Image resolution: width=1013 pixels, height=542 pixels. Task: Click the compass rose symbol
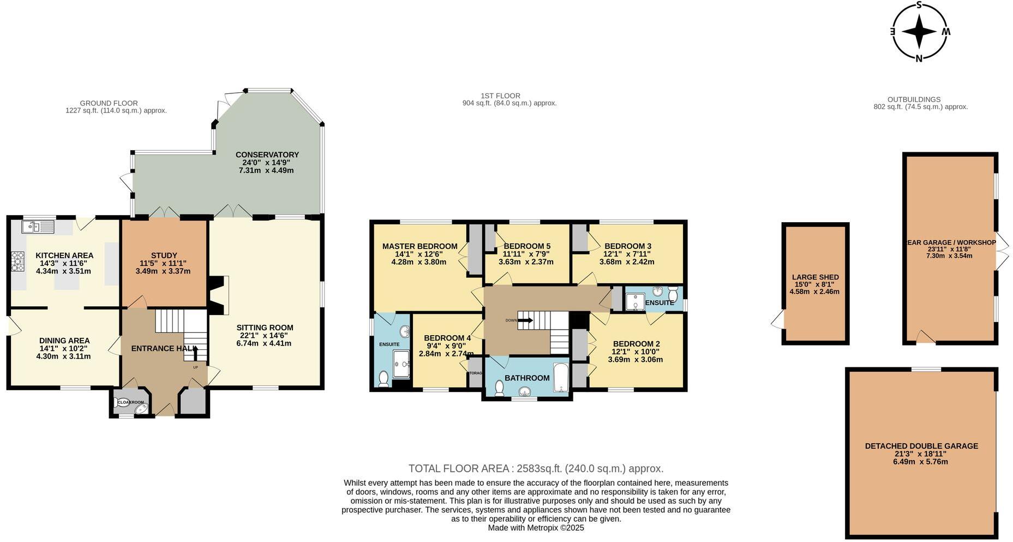click(919, 32)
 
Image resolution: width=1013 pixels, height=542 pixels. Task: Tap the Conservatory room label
click(267, 155)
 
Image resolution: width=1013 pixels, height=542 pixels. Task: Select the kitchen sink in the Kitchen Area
click(38, 225)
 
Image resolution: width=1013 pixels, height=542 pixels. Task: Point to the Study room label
click(164, 255)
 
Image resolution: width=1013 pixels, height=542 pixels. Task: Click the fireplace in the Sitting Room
click(218, 295)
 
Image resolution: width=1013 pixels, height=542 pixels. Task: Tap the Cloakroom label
click(131, 403)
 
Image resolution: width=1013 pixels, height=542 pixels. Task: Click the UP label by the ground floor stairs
click(195, 367)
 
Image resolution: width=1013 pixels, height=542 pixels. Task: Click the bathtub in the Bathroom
click(561, 377)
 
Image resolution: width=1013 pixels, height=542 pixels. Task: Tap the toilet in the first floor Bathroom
click(499, 388)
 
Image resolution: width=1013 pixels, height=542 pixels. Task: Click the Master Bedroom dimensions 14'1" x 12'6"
click(418, 254)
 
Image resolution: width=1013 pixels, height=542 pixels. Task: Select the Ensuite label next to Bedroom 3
click(659, 302)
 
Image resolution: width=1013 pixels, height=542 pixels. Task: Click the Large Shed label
click(815, 277)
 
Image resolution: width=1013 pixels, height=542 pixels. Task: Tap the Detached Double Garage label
click(921, 446)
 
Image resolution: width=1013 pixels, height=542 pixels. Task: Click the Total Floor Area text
click(536, 468)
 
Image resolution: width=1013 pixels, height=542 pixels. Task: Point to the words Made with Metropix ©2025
click(536, 528)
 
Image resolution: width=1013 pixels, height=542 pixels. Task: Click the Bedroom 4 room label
click(447, 338)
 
